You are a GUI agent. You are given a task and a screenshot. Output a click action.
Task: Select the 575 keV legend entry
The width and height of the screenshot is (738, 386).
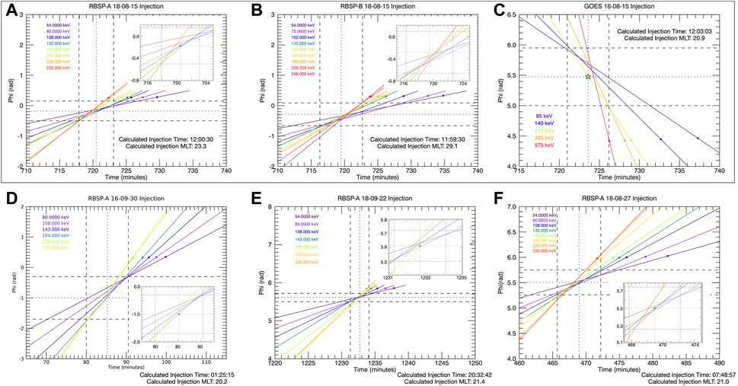pyautogui.click(x=543, y=145)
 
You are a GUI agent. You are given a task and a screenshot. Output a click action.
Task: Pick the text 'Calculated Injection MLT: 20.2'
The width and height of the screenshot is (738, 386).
pyautogui.click(x=184, y=381)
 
